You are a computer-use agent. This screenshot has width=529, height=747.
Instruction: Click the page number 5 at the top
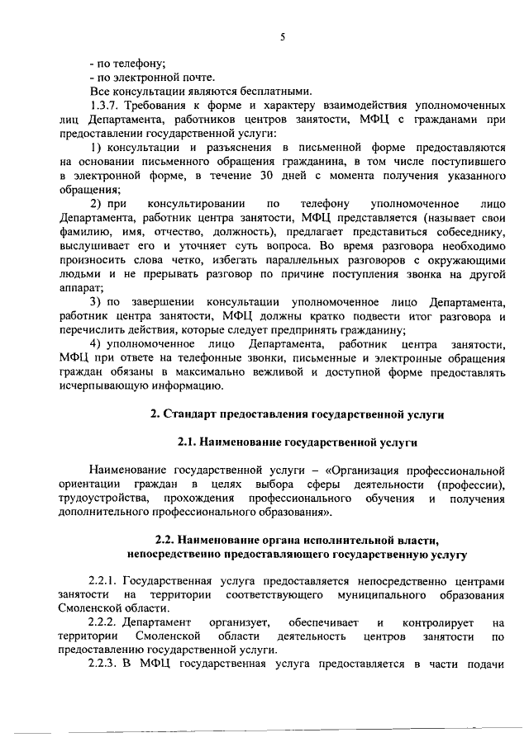pos(282,37)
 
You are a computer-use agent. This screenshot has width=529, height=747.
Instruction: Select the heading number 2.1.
pos(188,442)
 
